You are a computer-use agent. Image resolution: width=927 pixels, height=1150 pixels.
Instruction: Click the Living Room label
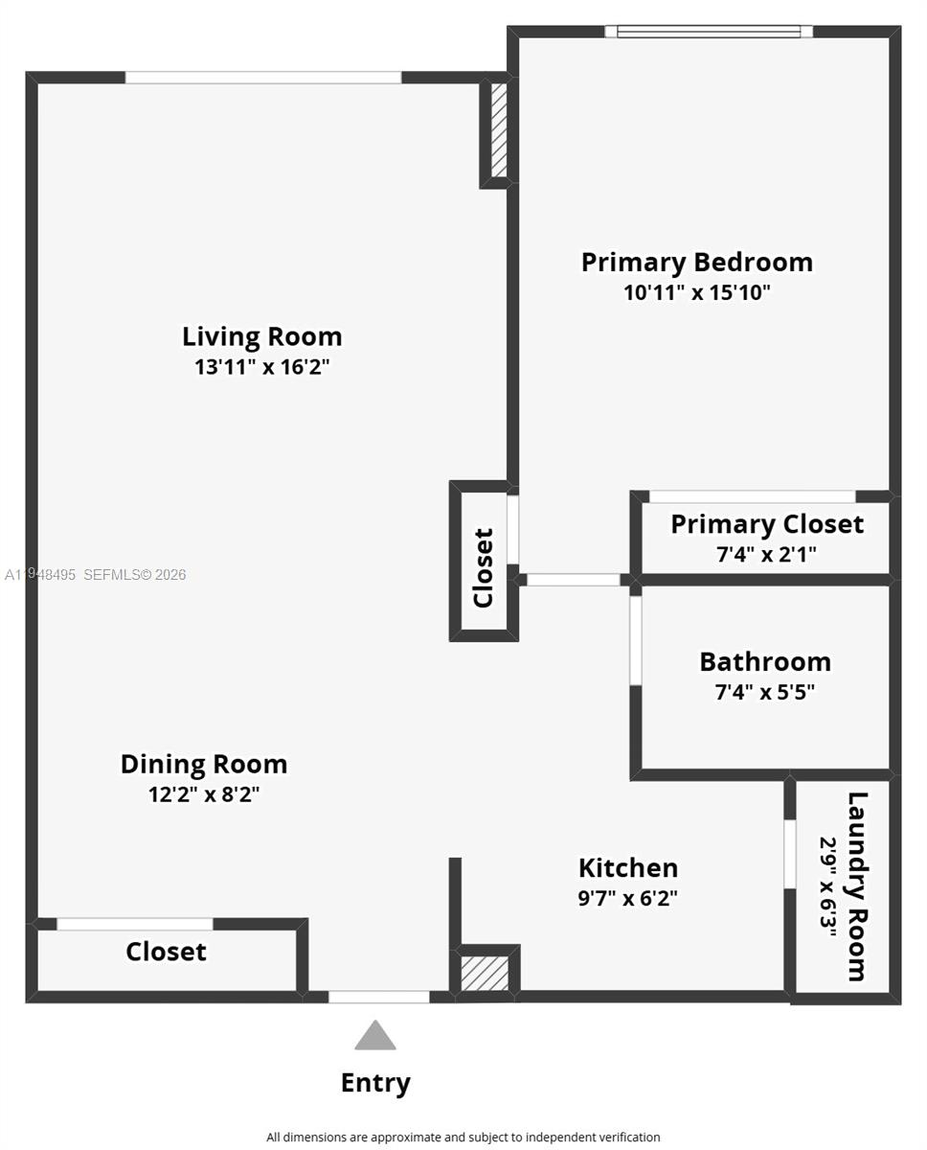pyautogui.click(x=261, y=336)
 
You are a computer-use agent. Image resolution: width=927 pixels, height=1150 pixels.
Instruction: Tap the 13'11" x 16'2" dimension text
pyautogui.click(x=261, y=367)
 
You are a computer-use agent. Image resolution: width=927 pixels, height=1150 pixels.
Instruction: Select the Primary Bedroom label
pyautogui.click(x=696, y=262)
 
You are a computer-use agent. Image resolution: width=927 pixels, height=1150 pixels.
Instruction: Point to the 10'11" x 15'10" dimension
pyautogui.click(x=696, y=292)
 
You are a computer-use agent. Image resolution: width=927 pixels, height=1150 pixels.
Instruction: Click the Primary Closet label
pyautogui.click(x=766, y=524)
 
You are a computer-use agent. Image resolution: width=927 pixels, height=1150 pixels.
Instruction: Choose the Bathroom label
pyautogui.click(x=764, y=661)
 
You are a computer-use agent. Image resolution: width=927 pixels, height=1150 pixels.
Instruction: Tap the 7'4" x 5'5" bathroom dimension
pyautogui.click(x=764, y=692)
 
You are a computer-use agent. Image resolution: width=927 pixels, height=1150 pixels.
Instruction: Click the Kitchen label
pyautogui.click(x=627, y=867)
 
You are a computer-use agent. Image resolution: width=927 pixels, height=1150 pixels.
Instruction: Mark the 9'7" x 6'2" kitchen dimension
pyautogui.click(x=627, y=898)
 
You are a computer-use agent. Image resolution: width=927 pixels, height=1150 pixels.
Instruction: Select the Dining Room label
pyautogui.click(x=203, y=764)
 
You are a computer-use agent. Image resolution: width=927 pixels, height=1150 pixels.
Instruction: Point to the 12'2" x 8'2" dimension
pyautogui.click(x=203, y=794)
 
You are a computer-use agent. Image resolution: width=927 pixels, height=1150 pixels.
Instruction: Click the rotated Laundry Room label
pyautogui.click(x=856, y=886)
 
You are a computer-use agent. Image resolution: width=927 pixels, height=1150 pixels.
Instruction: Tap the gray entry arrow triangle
pyautogui.click(x=375, y=1037)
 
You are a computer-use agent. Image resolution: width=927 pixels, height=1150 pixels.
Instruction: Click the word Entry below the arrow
pyautogui.click(x=375, y=1083)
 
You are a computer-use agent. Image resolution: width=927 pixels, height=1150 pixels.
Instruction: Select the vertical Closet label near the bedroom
pyautogui.click(x=483, y=567)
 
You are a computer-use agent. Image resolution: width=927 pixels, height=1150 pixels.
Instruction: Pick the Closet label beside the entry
pyautogui.click(x=166, y=952)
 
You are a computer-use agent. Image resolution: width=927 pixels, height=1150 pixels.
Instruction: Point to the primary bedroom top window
pyautogui.click(x=709, y=32)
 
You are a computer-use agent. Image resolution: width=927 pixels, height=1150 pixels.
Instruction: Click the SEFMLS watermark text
pyautogui.click(x=96, y=575)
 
